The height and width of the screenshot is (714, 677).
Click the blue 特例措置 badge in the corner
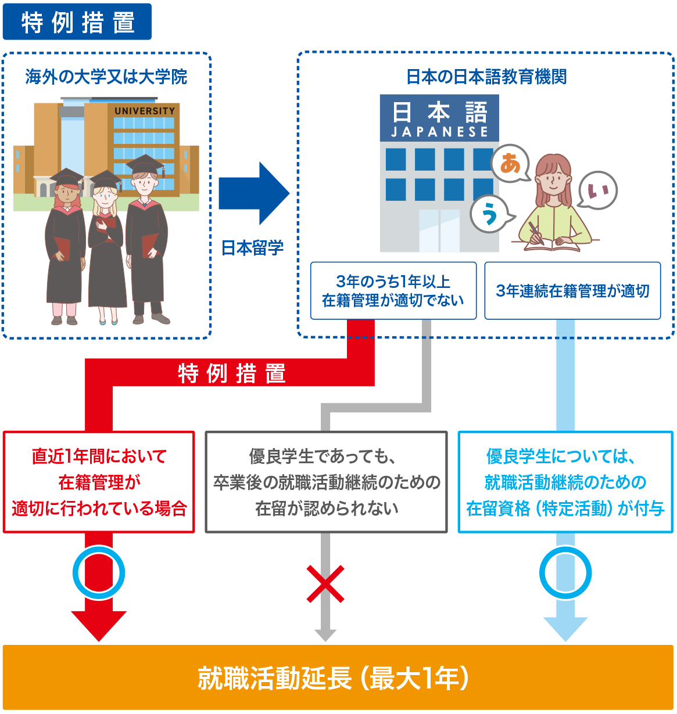tap(77, 22)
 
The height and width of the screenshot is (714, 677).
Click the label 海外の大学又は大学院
tap(106, 77)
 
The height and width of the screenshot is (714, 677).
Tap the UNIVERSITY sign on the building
tap(144, 111)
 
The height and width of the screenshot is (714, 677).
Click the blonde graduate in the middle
tap(105, 244)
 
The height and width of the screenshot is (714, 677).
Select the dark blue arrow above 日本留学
tap(253, 193)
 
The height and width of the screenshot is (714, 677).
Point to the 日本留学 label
tap(252, 248)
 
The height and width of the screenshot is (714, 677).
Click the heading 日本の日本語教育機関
tap(486, 77)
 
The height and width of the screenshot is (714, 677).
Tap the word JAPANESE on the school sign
tap(439, 132)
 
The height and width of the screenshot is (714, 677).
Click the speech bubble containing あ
tap(510, 164)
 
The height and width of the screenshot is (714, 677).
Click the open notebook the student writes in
tap(552, 244)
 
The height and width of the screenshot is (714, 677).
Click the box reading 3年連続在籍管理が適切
tap(572, 291)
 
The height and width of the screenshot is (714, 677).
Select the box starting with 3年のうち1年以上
tap(393, 291)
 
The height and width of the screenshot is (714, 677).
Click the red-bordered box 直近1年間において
tap(99, 482)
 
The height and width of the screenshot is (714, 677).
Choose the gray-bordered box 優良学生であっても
tap(327, 482)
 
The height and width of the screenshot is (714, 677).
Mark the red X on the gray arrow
tap(325, 584)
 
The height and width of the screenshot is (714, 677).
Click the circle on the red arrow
tap(99, 574)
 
